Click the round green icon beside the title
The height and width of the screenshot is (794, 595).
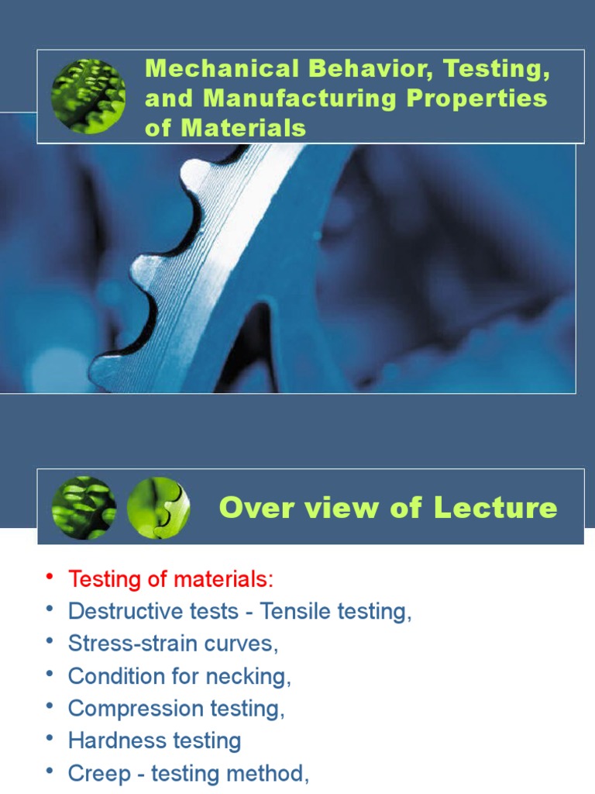coord(88,96)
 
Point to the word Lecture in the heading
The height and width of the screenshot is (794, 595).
coord(495,508)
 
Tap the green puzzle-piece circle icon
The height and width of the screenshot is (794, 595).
coord(158,508)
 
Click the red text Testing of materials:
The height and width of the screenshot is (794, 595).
coord(171,578)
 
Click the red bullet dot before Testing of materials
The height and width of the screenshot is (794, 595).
coord(50,578)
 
